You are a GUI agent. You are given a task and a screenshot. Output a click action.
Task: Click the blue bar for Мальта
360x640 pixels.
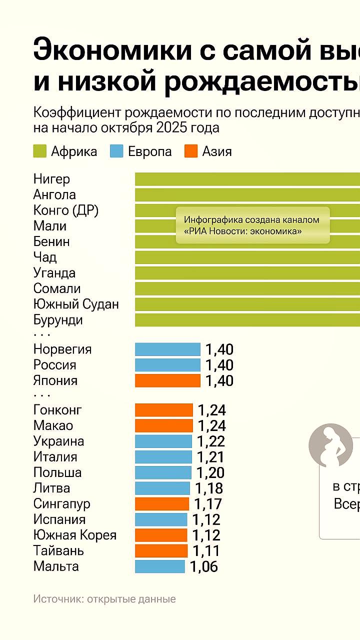tap(159, 566)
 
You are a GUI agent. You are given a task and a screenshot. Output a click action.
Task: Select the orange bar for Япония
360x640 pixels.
tap(167, 380)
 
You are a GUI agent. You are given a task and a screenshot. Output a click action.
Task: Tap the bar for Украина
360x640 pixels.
tap(163, 441)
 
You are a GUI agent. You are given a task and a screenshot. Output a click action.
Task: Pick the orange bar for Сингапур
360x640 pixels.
tap(162, 503)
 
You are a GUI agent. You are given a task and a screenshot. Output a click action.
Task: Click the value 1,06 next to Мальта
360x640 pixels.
tap(203, 566)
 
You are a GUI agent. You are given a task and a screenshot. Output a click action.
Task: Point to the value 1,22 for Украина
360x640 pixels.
tap(210, 441)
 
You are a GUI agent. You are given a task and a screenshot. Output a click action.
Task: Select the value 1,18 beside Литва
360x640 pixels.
tap(208, 488)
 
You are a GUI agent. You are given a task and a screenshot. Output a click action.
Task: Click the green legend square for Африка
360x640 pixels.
tap(40, 151)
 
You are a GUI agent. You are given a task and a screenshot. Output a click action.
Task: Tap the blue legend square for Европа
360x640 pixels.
tap(116, 151)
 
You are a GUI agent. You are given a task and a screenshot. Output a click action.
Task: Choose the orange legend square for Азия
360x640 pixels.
tap(191, 151)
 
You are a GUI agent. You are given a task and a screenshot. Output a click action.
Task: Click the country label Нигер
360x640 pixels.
tap(51, 179)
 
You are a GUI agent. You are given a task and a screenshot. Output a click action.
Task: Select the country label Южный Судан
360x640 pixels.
tap(76, 304)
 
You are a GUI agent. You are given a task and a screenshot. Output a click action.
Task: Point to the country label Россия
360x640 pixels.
tap(55, 365)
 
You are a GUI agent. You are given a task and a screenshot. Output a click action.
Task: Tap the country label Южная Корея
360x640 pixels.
tap(75, 535)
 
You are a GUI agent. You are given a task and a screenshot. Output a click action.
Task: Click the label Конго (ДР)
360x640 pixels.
tap(66, 210)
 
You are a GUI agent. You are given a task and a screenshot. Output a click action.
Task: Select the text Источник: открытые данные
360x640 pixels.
tap(104, 598)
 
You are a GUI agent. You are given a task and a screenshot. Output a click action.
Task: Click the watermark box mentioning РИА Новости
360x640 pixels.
tap(252, 225)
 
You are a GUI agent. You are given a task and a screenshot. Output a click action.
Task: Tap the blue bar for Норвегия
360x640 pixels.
tap(167, 349)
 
